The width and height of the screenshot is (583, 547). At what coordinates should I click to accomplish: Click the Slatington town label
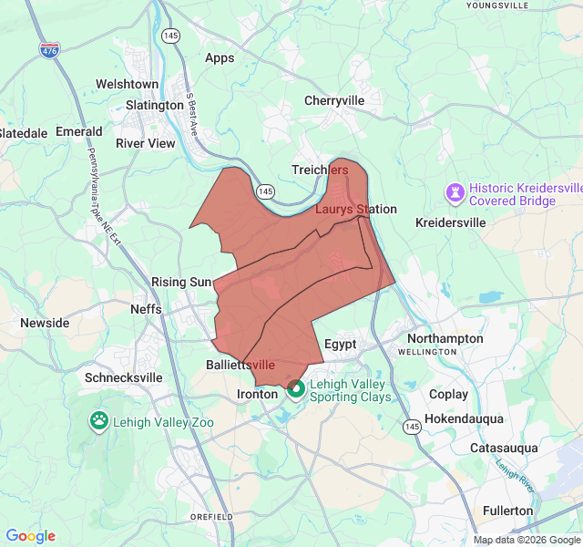click(x=155, y=105)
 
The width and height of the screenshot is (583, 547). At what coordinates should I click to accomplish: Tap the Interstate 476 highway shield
click(x=49, y=50)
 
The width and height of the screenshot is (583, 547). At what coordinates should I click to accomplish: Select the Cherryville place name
click(x=334, y=100)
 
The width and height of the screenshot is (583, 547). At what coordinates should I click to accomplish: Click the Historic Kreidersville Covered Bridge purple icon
click(x=454, y=192)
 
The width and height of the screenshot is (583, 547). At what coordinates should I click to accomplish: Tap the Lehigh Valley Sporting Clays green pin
click(x=296, y=390)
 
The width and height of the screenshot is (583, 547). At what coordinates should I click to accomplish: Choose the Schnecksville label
click(x=124, y=377)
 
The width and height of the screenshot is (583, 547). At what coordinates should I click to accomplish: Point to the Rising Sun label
click(x=181, y=282)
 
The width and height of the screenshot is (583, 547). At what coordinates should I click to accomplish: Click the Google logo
click(x=30, y=536)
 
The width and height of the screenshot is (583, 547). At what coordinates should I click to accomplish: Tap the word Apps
click(x=220, y=57)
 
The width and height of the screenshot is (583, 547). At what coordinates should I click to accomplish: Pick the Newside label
click(x=45, y=323)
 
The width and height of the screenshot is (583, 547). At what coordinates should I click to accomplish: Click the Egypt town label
click(x=340, y=345)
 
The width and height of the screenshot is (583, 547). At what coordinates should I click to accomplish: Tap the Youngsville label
click(x=496, y=5)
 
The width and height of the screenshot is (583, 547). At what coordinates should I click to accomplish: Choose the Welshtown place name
click(x=128, y=84)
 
